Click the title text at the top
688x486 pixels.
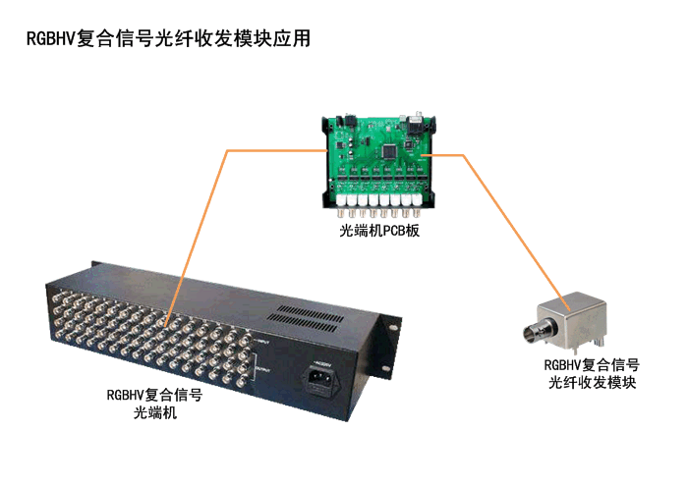(168, 38)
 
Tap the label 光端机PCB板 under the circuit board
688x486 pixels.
(379, 231)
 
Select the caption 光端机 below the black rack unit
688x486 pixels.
(155, 412)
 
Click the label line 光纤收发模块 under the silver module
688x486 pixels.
(592, 382)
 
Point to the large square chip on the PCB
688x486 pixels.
(389, 151)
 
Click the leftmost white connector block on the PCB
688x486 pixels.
(341, 201)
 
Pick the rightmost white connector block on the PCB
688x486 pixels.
(417, 201)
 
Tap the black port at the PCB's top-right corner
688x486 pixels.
(416, 126)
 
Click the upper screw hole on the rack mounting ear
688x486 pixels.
(393, 327)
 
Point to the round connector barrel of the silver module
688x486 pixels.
(537, 331)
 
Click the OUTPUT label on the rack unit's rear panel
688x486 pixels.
(263, 370)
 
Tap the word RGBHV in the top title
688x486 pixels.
(51, 38)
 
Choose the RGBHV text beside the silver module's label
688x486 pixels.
(563, 364)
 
